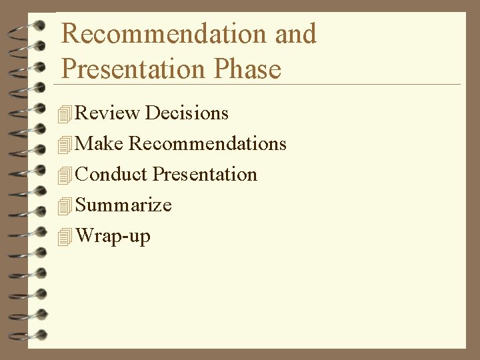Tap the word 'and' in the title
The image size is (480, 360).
[295, 34]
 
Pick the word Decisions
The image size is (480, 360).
[187, 113]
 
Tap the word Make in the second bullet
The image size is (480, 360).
[100, 144]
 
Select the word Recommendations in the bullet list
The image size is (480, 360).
[207, 144]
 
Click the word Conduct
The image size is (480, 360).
[111, 175]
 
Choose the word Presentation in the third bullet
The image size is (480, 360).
[205, 175]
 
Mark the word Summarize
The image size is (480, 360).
[123, 205]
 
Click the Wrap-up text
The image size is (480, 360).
[113, 236]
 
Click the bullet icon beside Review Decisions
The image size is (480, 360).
[64, 115]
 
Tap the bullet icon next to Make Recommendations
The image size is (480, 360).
[64, 145]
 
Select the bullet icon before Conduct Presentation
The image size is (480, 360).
[64, 176]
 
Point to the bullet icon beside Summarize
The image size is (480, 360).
[64, 207]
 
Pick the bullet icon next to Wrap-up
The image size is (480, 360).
[64, 237]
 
